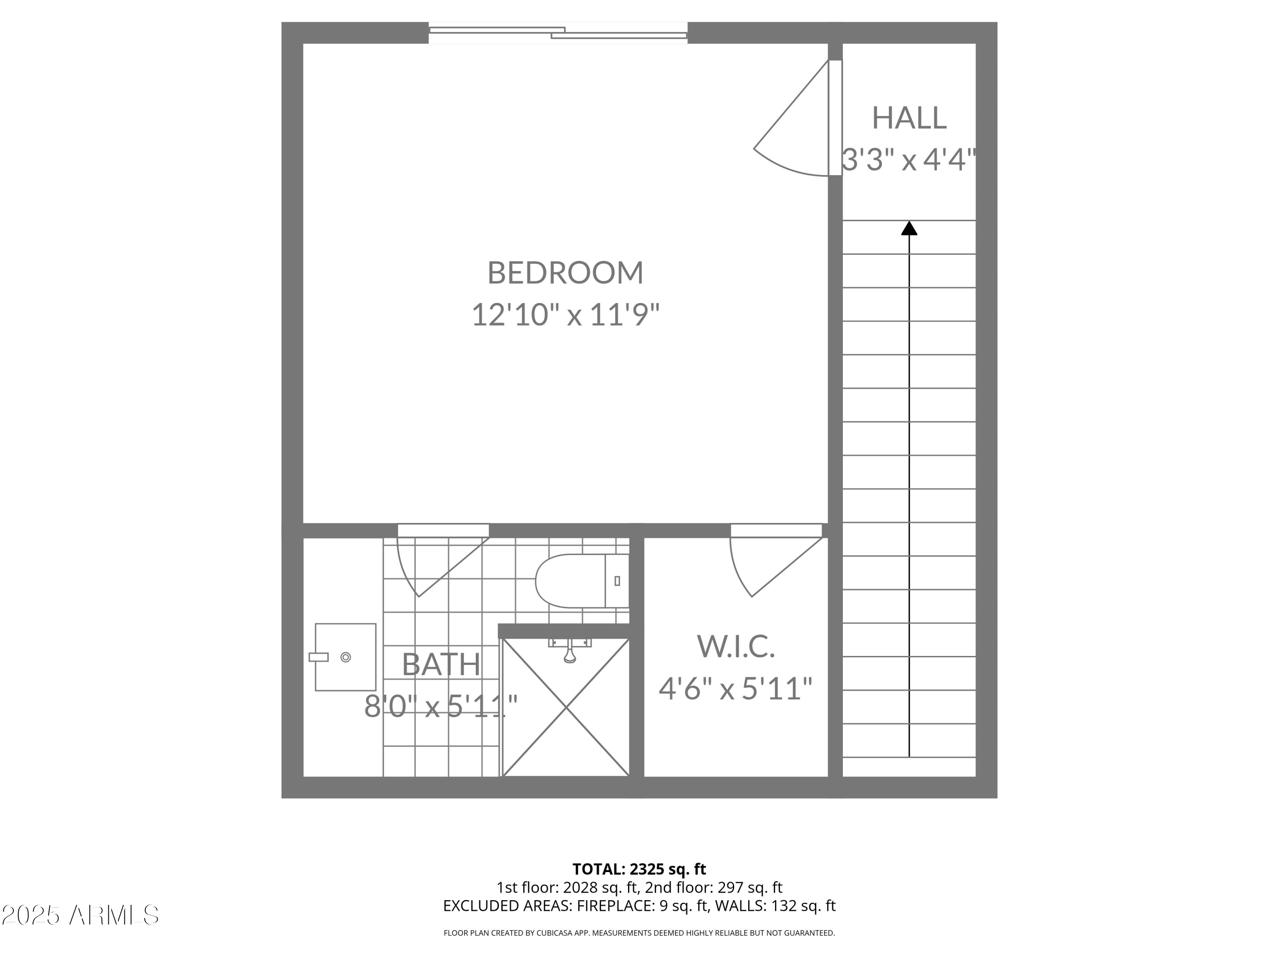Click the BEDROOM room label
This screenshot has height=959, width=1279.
pyautogui.click(x=565, y=273)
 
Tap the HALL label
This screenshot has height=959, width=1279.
pyautogui.click(x=909, y=118)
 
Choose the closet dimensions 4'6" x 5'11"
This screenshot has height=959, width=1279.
pyautogui.click(x=735, y=689)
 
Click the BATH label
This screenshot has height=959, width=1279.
pyautogui.click(x=441, y=665)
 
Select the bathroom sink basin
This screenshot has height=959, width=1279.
pyautogui.click(x=345, y=657)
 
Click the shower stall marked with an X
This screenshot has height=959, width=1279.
pyautogui.click(x=565, y=717)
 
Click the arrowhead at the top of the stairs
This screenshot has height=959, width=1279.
pyautogui.click(x=909, y=229)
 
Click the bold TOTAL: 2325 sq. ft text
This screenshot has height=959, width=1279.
pyautogui.click(x=639, y=869)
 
